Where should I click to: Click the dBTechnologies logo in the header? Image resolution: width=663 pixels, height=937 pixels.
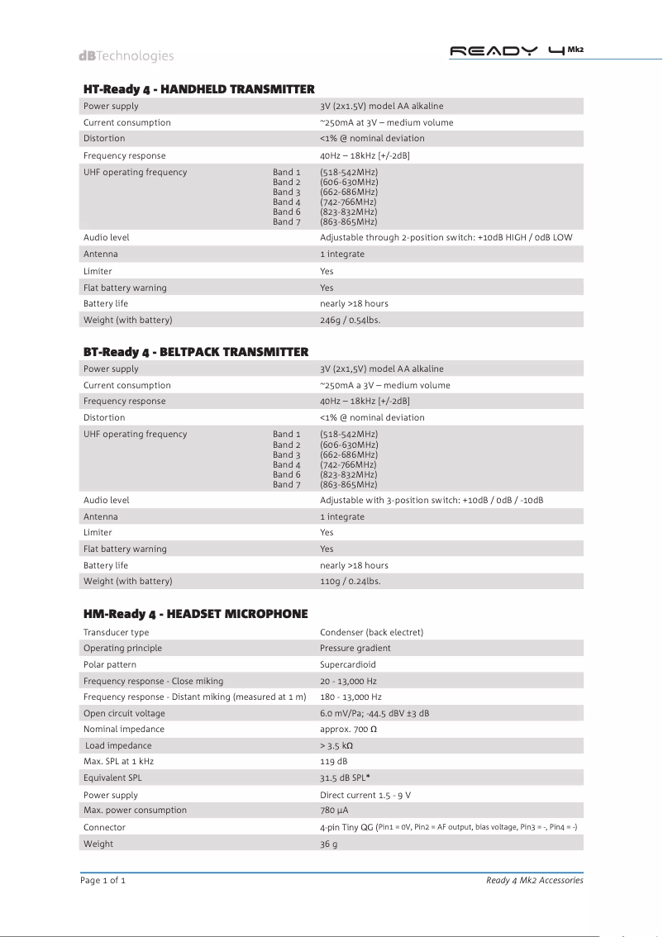[x=126, y=56]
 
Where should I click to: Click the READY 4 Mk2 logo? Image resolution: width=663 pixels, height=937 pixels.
[x=516, y=50]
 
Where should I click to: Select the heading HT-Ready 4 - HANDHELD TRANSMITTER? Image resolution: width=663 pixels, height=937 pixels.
[x=198, y=89]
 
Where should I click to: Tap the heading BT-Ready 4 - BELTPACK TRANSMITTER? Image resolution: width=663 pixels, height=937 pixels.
[x=196, y=352]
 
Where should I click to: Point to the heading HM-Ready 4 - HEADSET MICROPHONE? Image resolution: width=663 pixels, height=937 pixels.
[x=195, y=614]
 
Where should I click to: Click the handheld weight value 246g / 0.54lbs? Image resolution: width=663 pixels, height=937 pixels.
[x=350, y=320]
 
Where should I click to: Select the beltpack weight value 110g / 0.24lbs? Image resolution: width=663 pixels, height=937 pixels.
[x=350, y=581]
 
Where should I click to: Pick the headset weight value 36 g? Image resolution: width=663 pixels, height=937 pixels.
[x=329, y=844]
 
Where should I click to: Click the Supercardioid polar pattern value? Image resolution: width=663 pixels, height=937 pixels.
[x=348, y=664]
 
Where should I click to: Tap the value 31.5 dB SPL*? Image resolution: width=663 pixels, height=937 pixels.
[x=351, y=778]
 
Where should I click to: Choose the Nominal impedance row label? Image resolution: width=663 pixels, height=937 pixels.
[x=124, y=729]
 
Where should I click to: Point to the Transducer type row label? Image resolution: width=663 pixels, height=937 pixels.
[x=117, y=632]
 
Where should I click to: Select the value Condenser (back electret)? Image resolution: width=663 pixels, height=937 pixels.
[x=371, y=632]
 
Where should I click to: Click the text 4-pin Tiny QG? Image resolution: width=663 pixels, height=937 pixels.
[x=346, y=827]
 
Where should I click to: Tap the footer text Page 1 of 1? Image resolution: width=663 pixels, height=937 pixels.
[x=103, y=881]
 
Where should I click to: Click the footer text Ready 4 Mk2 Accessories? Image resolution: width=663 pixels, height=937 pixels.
[x=534, y=881]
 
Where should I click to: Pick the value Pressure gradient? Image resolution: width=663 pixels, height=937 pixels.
[x=355, y=648]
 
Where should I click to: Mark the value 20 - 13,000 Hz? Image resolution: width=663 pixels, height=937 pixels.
[x=348, y=681]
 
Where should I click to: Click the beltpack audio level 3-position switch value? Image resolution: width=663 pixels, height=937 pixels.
[x=431, y=500]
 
